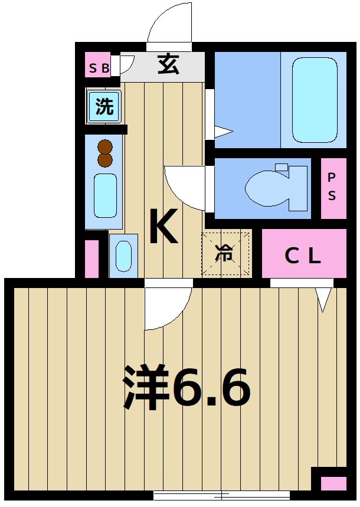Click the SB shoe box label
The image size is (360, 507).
click(x=98, y=68)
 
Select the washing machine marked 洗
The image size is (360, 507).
click(x=104, y=107)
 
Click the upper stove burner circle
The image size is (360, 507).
click(x=105, y=146)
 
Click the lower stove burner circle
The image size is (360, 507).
click(x=105, y=159)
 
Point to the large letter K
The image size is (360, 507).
click(x=163, y=227)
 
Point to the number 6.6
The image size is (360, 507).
click(x=212, y=388)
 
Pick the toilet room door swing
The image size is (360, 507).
click(x=184, y=187)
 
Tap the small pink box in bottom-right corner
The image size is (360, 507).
click(x=333, y=483)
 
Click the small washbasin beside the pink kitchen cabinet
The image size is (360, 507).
click(x=124, y=256)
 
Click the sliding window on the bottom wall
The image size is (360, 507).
click(x=221, y=495)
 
